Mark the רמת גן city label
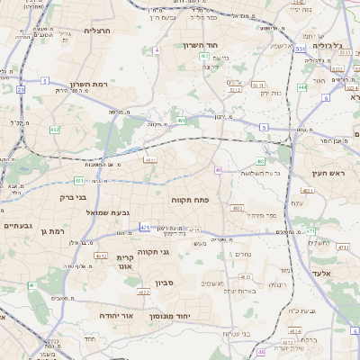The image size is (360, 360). pyautogui.click(x=56, y=231)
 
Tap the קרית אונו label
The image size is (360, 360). pyautogui.click(x=125, y=262)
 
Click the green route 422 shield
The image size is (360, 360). pyautogui.click(x=55, y=130)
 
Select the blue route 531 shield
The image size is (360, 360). pyautogui.click(x=299, y=49)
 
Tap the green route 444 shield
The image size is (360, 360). pyautogui.click(x=301, y=87)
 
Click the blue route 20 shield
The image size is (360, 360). pyautogui.click(x=20, y=90)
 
